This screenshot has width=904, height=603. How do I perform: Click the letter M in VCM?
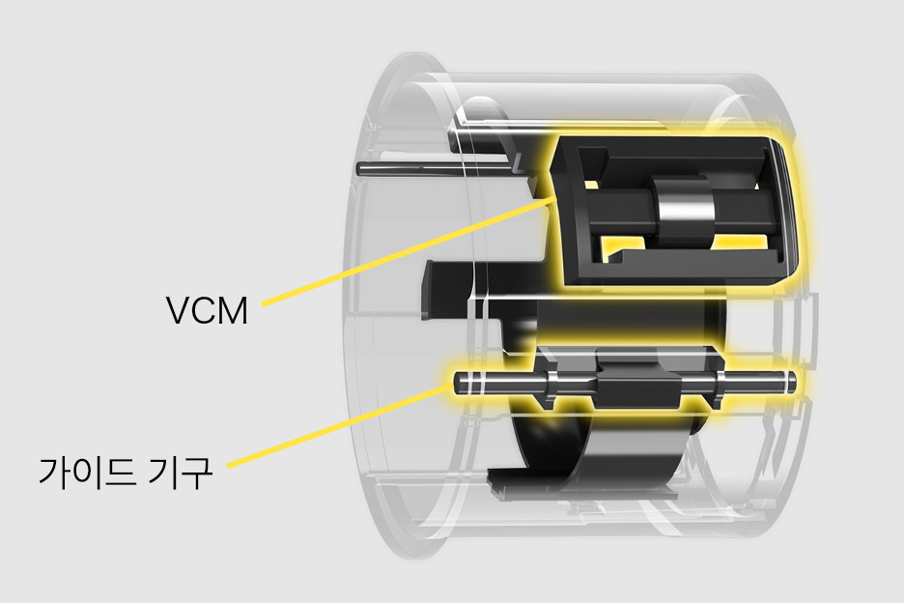click(230, 311)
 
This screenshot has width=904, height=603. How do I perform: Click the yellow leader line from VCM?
click(406, 249)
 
